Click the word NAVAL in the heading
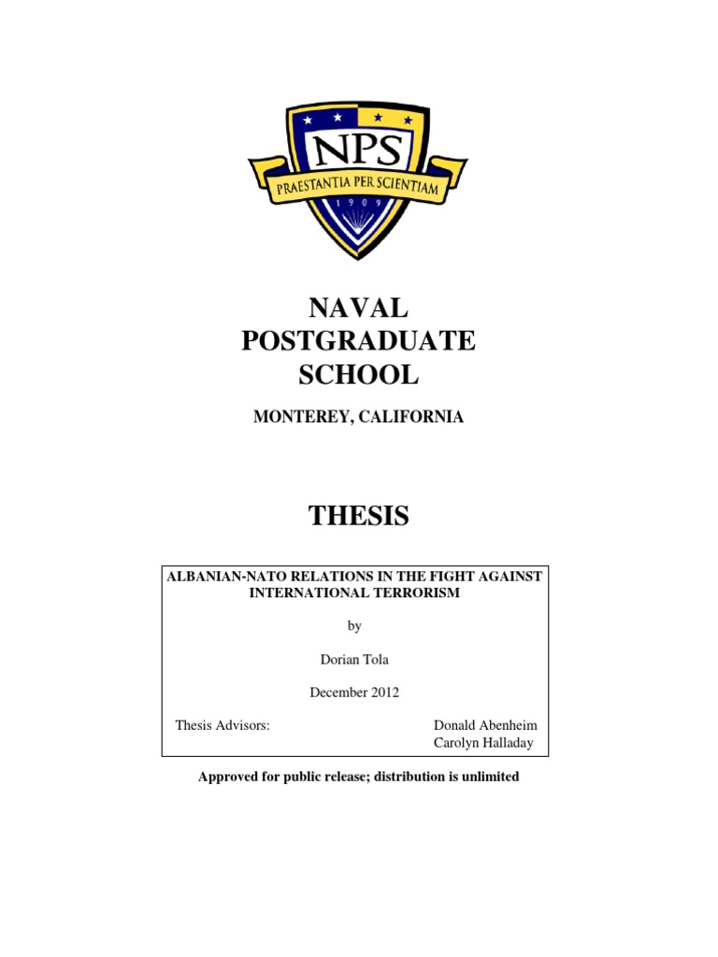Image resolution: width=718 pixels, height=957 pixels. [358, 307]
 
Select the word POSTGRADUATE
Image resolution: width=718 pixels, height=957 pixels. [358, 341]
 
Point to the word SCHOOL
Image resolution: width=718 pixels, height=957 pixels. [358, 375]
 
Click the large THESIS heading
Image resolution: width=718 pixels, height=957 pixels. [358, 515]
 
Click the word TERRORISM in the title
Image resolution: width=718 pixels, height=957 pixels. [418, 593]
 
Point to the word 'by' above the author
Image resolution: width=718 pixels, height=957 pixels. [353, 625]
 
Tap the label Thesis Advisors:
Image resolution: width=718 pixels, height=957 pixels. [223, 726]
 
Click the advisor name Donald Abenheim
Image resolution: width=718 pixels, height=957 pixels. [485, 726]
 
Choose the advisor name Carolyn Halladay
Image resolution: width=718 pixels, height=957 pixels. [483, 743]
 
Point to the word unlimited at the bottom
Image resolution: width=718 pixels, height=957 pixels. [488, 777]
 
